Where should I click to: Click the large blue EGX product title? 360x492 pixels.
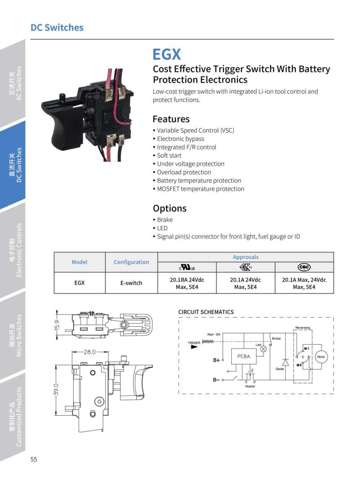[x=167, y=54]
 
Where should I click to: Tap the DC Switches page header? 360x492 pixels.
[x=57, y=27]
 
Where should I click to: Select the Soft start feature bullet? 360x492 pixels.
[x=170, y=156]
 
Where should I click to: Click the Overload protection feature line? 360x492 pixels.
[x=184, y=172]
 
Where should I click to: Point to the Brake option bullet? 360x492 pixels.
[x=164, y=219]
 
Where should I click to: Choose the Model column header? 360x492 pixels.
[x=80, y=262]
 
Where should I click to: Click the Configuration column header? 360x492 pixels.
[x=131, y=262]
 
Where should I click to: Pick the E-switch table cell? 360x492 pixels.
[x=131, y=283]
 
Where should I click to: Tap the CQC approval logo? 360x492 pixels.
[x=304, y=267]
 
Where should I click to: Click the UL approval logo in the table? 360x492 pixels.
[x=187, y=267]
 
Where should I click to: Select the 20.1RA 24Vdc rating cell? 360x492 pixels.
[x=187, y=283]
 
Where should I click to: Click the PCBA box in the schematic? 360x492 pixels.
[x=243, y=357]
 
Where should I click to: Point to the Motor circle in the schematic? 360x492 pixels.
[x=321, y=357]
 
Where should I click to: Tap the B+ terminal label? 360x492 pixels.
[x=217, y=360]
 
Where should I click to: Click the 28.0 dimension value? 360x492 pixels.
[x=90, y=352]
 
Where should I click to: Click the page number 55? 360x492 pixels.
[x=34, y=460]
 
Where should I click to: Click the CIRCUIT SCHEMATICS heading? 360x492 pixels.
[x=206, y=312]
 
